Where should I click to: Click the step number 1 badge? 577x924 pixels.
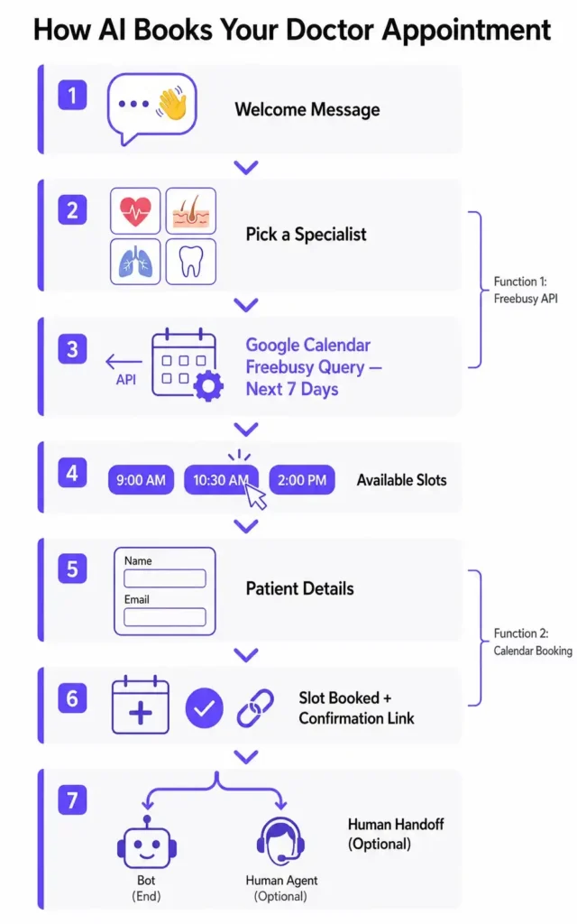pyautogui.click(x=73, y=95)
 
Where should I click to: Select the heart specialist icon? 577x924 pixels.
pyautogui.click(x=135, y=211)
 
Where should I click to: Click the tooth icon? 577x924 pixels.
pyautogui.click(x=191, y=262)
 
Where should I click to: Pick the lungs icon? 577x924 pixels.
pyautogui.click(x=135, y=262)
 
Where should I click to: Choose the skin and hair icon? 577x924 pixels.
pyautogui.click(x=191, y=211)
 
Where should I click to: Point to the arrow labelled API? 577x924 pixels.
pyautogui.click(x=124, y=362)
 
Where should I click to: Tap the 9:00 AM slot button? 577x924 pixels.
pyautogui.click(x=142, y=480)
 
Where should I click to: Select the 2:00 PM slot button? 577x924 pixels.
pyautogui.click(x=302, y=480)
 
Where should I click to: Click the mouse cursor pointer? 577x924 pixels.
pyautogui.click(x=256, y=495)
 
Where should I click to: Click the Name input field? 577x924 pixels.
pyautogui.click(x=164, y=578)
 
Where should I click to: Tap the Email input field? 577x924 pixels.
pyautogui.click(x=164, y=617)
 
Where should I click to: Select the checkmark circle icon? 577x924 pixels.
pyautogui.click(x=204, y=708)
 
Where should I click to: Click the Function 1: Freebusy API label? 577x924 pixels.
pyautogui.click(x=525, y=290)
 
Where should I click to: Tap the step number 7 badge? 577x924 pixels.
pyautogui.click(x=73, y=799)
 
